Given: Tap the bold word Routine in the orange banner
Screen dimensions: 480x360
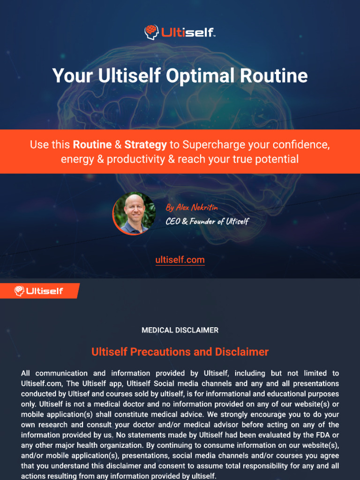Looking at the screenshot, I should click(92, 145).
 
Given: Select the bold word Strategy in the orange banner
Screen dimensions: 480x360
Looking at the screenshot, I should click(145, 145).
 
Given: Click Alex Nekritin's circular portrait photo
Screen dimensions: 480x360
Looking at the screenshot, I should click(134, 213).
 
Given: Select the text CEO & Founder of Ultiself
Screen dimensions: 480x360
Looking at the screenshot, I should click(207, 221).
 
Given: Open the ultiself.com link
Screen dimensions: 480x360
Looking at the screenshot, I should click(180, 260).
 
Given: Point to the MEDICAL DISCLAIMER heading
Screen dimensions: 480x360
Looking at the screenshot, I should click(180, 330).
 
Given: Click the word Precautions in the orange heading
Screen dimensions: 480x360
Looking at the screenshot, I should click(170, 352).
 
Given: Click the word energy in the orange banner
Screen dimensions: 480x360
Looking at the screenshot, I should click(75, 159).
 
